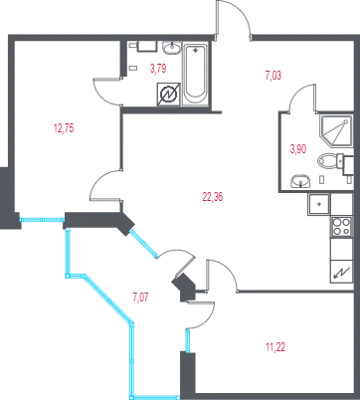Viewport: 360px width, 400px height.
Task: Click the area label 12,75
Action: click(64, 128)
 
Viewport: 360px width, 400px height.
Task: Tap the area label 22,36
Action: click(213, 197)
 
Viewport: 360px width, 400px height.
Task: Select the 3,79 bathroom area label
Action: click(158, 69)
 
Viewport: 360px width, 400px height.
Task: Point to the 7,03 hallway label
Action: click(273, 76)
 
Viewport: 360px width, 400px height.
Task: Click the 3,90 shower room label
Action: click(298, 149)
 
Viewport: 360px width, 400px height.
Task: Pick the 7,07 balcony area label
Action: click(140, 298)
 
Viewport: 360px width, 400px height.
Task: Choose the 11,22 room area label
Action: click(275, 347)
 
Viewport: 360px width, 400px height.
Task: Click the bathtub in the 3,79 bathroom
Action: click(195, 74)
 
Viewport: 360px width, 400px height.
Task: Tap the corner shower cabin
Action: click(335, 130)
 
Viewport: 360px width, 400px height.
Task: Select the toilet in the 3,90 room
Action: click(331, 161)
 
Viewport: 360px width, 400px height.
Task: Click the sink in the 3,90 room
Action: click(300, 182)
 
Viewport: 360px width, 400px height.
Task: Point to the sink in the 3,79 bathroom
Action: click(172, 48)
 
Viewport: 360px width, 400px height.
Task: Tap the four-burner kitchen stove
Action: click(341, 227)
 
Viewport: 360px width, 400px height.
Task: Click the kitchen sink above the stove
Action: click(319, 204)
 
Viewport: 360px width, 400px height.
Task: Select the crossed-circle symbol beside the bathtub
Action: click(168, 95)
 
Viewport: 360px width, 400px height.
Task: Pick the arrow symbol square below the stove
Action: click(341, 272)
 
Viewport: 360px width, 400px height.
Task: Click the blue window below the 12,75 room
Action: click(42, 219)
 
